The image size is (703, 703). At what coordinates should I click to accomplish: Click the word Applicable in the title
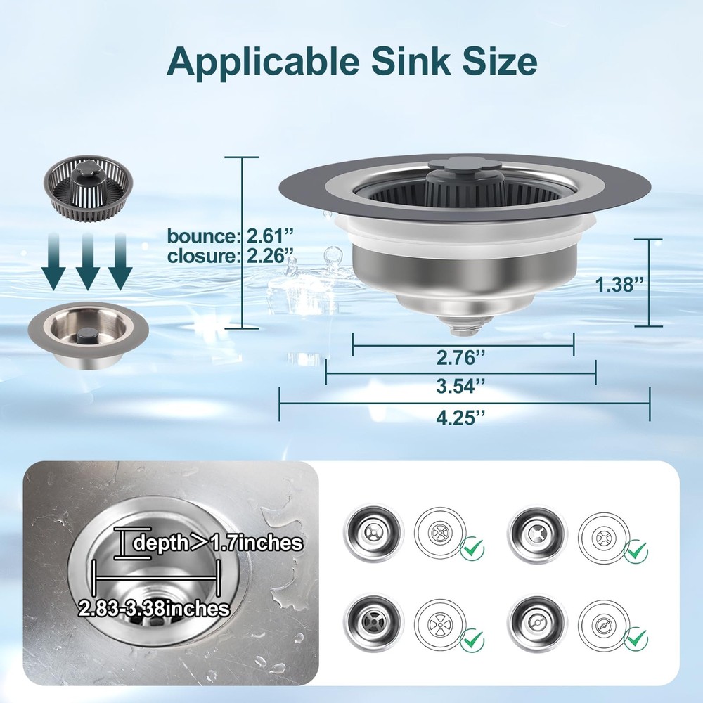pyautogui.click(x=263, y=61)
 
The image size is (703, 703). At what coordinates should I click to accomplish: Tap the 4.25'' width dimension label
pyautogui.click(x=461, y=418)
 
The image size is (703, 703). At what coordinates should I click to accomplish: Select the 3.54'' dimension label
pyautogui.click(x=461, y=386)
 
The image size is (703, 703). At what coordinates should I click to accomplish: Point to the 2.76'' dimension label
pyautogui.click(x=461, y=357)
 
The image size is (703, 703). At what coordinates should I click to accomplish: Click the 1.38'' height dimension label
pyautogui.click(x=619, y=284)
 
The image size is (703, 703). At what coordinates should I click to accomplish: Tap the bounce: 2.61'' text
pyautogui.click(x=231, y=236)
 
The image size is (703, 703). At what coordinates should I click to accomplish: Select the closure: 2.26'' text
pyautogui.click(x=231, y=256)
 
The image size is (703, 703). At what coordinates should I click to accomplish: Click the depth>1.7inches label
pyautogui.click(x=219, y=543)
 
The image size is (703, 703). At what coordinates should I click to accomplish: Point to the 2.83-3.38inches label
pyautogui.click(x=154, y=608)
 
